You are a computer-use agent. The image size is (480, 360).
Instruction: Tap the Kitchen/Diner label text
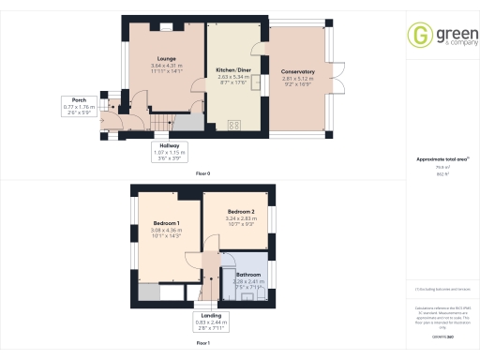[232, 70]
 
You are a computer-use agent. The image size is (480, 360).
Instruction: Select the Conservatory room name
[296, 71]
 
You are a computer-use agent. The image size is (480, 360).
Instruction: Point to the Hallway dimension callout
[171, 151]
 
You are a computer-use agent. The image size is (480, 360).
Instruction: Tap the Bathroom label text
[248, 275]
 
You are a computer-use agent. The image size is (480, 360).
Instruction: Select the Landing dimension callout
[211, 322]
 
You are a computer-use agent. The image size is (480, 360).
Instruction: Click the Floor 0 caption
[202, 174]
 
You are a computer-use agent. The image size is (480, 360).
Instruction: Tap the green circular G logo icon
[418, 36]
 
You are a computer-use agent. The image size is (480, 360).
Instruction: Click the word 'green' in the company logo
[449, 32]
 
